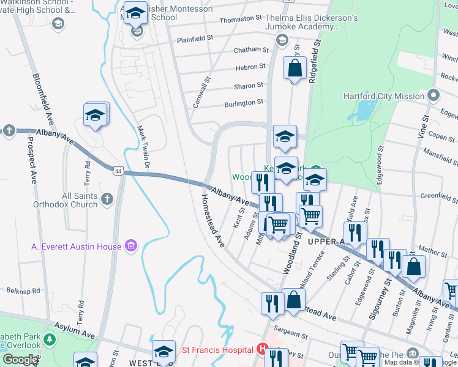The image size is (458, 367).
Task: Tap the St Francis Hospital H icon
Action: click(x=263, y=350)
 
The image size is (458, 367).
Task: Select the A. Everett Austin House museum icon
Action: click(x=130, y=246)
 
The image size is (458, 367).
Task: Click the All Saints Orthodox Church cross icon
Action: click(x=107, y=198)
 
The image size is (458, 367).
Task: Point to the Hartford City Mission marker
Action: click(x=434, y=96)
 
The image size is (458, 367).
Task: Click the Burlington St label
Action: click(x=243, y=103)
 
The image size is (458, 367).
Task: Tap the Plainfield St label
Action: click(x=194, y=38)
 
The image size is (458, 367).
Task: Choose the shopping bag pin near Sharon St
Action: click(x=295, y=69)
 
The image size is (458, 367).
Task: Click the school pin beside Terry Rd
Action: click(x=96, y=116)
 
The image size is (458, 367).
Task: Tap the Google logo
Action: click(x=20, y=360)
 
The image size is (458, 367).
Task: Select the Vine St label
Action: click(x=422, y=128)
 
